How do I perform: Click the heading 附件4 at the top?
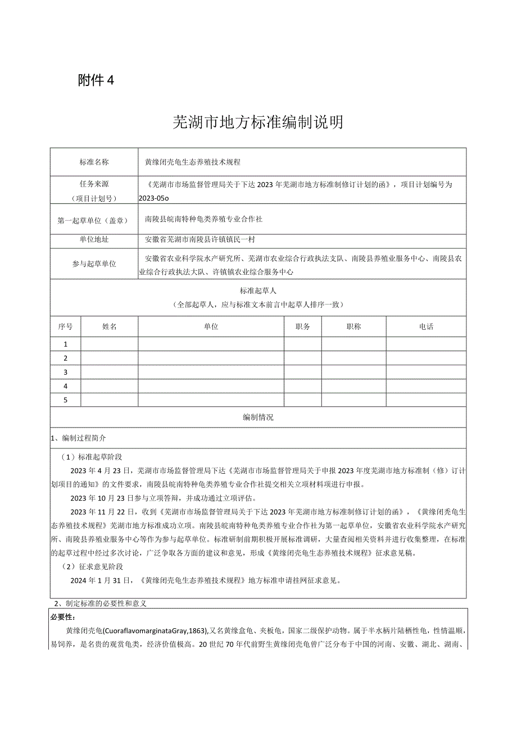point(96,80)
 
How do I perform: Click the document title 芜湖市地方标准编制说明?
point(258,122)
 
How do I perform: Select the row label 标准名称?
point(94,162)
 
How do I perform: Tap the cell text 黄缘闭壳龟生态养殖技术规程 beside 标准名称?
point(193,162)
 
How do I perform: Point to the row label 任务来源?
point(94,184)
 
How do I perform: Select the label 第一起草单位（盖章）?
point(94,220)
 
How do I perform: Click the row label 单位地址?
point(94,240)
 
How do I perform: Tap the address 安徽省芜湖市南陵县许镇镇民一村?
point(199,240)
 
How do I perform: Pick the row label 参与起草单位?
point(94,264)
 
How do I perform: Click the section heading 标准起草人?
point(258,291)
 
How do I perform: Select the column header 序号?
point(65,326)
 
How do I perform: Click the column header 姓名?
point(110,326)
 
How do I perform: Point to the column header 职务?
point(302,326)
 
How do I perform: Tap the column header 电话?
point(426,326)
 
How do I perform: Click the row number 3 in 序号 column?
point(66,372)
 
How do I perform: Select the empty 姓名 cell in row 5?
point(110,400)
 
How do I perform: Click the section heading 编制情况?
point(258,417)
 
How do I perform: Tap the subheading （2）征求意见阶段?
point(93,567)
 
